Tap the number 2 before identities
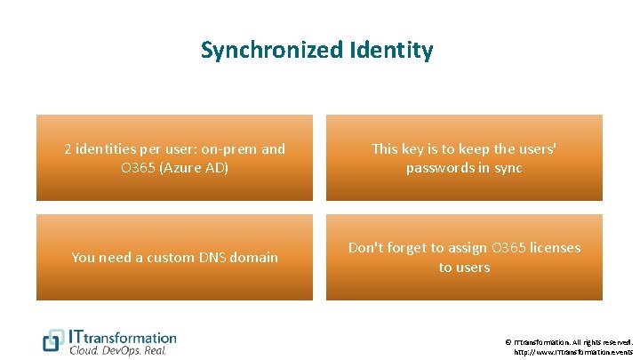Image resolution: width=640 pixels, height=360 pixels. coord(68,149)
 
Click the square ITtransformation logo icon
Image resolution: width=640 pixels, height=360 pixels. coord(54,341)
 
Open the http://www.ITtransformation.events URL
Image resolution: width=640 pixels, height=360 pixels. coord(573,352)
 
